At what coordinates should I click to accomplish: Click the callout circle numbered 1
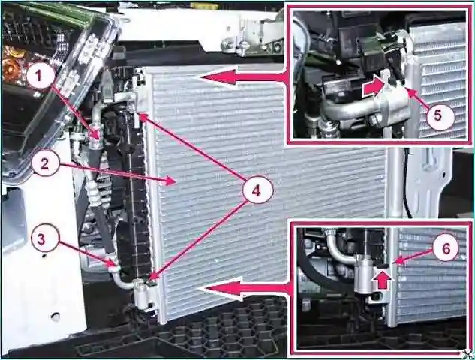click(x=39, y=76)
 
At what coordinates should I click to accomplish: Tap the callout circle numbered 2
click(x=44, y=164)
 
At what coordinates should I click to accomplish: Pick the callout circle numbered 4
click(x=257, y=191)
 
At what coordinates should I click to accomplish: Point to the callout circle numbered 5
click(x=438, y=115)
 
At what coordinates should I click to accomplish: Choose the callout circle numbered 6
click(x=446, y=248)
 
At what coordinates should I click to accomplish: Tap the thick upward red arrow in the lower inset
click(x=383, y=280)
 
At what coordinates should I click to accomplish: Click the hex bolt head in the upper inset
click(x=374, y=121)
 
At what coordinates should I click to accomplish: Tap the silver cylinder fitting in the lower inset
click(x=364, y=274)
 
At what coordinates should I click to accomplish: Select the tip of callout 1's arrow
click(x=98, y=139)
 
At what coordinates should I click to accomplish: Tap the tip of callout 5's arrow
click(x=407, y=88)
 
